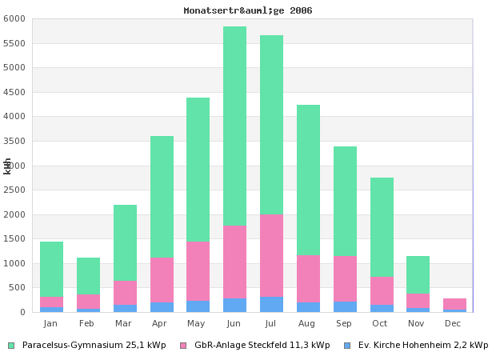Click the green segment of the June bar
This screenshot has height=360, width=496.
pos(234,126)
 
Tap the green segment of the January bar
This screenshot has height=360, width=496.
pos(51,270)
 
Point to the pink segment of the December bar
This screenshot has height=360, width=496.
pos(454,304)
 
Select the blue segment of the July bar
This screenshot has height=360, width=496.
pos(271,305)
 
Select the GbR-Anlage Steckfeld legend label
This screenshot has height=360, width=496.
pos(262,346)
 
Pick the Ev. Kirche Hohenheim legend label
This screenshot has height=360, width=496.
pos(422,346)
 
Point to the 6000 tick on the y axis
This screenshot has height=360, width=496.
pos(18,18)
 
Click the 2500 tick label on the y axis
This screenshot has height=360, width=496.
pos(18,190)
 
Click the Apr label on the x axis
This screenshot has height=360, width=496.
pos(160,323)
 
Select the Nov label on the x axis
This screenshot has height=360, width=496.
pos(417,323)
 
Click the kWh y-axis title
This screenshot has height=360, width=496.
pos(7,166)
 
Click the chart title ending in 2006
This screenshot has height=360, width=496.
pos(247,10)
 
